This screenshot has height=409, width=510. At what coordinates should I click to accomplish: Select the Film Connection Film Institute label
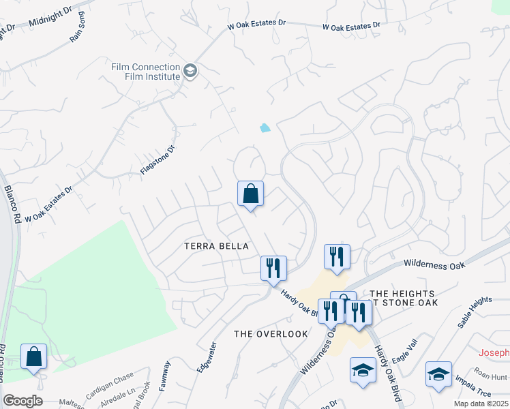pos(146,72)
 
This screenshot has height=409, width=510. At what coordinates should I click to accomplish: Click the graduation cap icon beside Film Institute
pos(190,71)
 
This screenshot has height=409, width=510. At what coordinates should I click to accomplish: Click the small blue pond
pos(265,127)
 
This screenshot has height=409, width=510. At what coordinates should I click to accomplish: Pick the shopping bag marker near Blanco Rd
pos(33,357)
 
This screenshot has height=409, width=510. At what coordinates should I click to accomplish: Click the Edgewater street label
pos(207,356)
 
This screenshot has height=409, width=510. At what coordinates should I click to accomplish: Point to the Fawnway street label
pos(165,376)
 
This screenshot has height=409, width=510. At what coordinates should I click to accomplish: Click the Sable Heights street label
pos(475,312)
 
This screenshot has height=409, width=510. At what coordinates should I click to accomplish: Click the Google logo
pos(22,401)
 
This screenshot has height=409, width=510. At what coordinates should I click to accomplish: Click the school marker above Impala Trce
pos(438,374)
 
